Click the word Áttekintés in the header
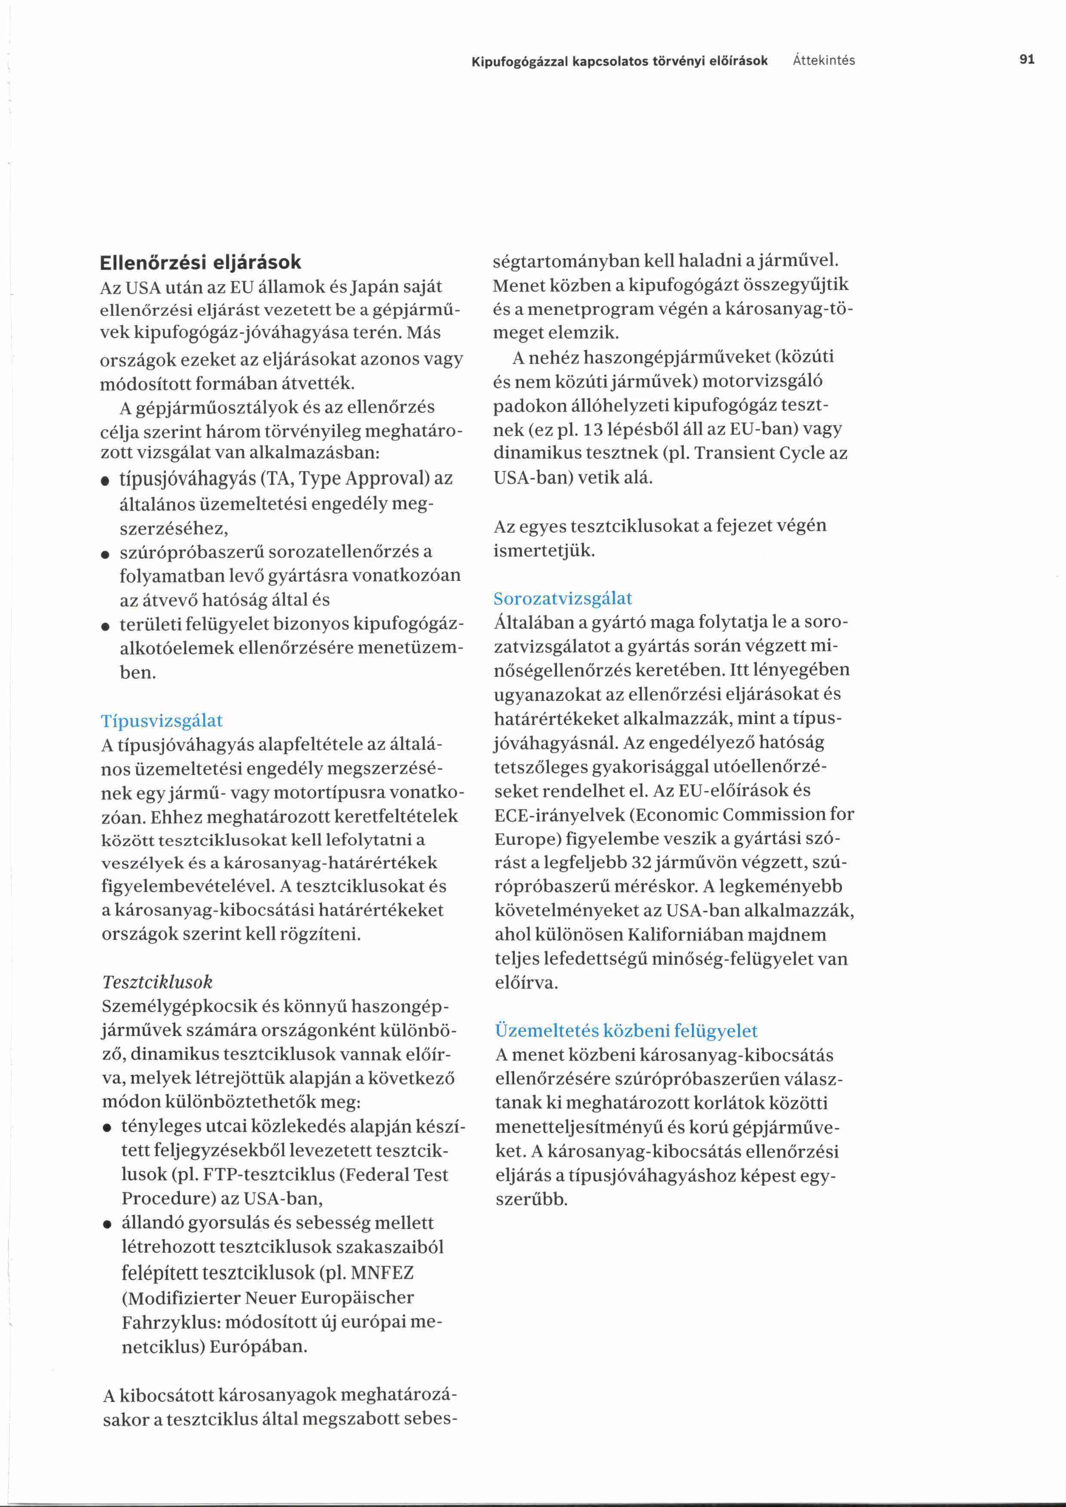point(824,61)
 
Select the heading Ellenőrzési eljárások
point(200,263)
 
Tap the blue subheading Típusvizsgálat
point(162,721)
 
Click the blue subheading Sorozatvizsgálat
point(563,599)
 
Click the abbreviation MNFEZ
point(382,1273)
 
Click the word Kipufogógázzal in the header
point(520,61)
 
